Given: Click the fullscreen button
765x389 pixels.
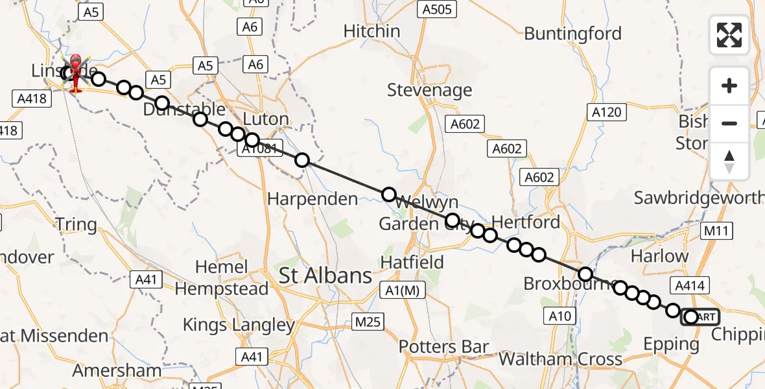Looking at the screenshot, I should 729,35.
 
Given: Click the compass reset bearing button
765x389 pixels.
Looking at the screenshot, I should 729,161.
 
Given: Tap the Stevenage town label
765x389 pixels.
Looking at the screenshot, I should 429,90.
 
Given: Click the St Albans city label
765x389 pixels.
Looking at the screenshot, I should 325,276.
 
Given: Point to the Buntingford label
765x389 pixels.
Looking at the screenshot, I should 572,33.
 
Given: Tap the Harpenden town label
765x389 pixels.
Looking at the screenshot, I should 312,199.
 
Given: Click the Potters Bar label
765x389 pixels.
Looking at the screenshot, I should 443,346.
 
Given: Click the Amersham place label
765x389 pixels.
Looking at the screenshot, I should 117,370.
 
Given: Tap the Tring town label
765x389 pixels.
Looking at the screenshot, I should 76,225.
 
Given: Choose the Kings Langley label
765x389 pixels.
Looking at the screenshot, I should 239,325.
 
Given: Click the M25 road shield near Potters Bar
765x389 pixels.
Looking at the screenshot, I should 369,322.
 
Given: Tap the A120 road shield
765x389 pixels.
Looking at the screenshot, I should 607,112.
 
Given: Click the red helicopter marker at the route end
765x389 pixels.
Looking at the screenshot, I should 76,69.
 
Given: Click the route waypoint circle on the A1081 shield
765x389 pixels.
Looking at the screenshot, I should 252,140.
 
